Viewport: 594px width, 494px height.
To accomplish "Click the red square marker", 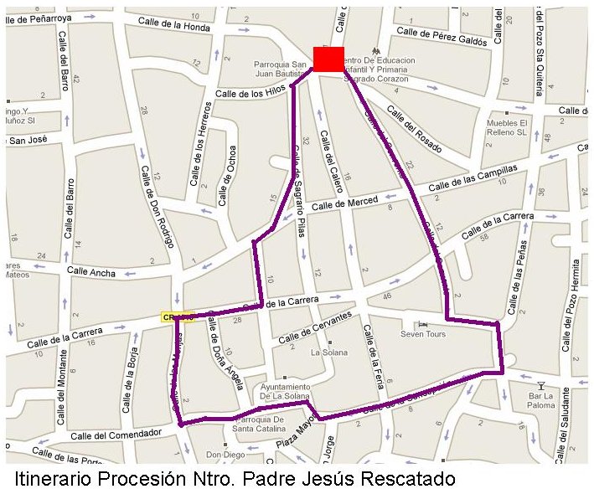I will (x=328, y=59).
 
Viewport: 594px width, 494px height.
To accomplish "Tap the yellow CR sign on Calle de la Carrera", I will (x=177, y=316).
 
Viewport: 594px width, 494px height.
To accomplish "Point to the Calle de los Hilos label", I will (x=251, y=94).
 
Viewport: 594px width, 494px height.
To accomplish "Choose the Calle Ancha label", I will (x=91, y=271).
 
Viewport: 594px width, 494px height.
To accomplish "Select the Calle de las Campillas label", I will (x=473, y=178).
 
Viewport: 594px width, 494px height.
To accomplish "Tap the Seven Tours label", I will (x=423, y=334).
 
